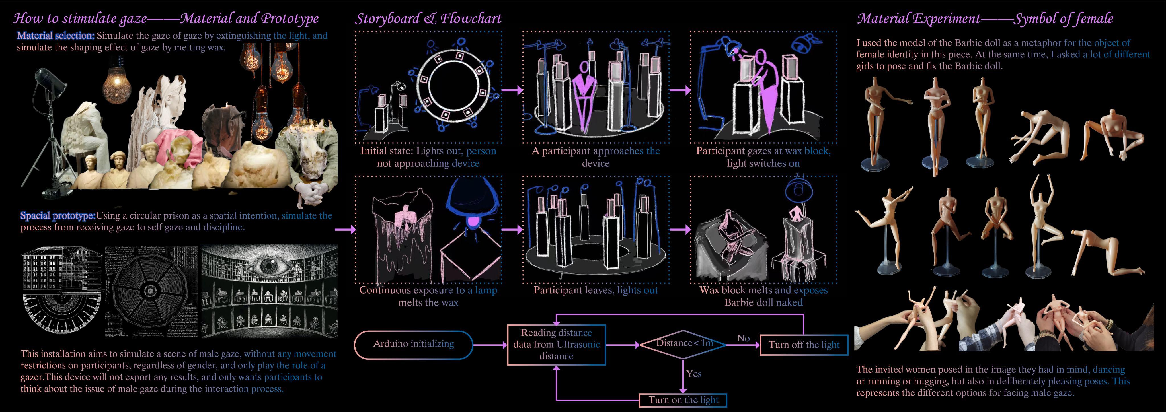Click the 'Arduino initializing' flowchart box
coord(413,344)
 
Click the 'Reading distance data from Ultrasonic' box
coord(556,345)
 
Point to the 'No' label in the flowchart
coord(743,338)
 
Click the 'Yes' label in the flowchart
coord(693,374)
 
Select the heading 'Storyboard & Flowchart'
coord(428,19)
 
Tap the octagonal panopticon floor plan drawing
coord(150,292)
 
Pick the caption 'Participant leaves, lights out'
coord(595,290)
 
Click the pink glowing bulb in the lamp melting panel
coord(473,221)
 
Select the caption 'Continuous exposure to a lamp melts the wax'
coord(428,296)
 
